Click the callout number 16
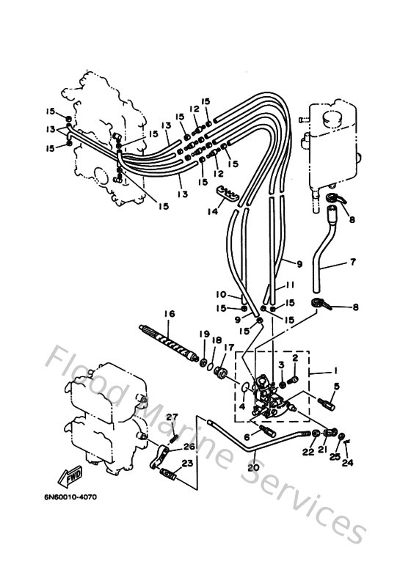(170, 313)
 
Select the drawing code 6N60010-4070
(65, 497)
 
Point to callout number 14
(213, 211)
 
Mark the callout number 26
(190, 446)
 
